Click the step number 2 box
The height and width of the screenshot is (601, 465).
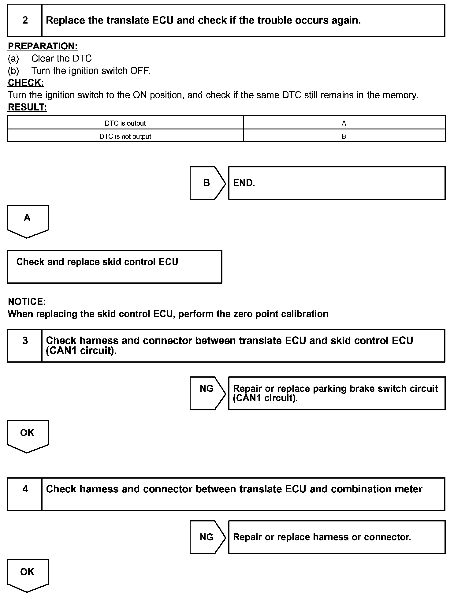[x=25, y=21]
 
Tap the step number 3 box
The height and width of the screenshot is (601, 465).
[x=25, y=345]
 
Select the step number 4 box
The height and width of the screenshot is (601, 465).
[x=25, y=494]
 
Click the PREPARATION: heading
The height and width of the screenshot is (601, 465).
[x=43, y=46]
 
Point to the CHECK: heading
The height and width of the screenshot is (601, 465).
[x=26, y=83]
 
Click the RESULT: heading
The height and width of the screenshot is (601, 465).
[x=27, y=107]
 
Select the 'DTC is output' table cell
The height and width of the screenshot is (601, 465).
[x=125, y=123]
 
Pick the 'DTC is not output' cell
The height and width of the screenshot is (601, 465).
[x=125, y=136]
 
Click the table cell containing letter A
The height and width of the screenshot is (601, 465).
[x=344, y=123]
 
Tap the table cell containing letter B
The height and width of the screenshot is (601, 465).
[x=344, y=136]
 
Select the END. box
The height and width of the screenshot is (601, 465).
[x=337, y=183]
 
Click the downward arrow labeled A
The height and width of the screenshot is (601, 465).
[x=28, y=220]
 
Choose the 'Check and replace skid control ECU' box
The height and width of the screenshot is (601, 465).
[x=114, y=266]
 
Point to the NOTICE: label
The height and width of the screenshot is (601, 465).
[x=27, y=301]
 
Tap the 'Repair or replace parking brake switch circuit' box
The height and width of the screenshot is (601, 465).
[x=337, y=393]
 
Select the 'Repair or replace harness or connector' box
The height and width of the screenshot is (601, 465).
[x=337, y=537]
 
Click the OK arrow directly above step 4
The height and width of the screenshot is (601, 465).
[x=28, y=435]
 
